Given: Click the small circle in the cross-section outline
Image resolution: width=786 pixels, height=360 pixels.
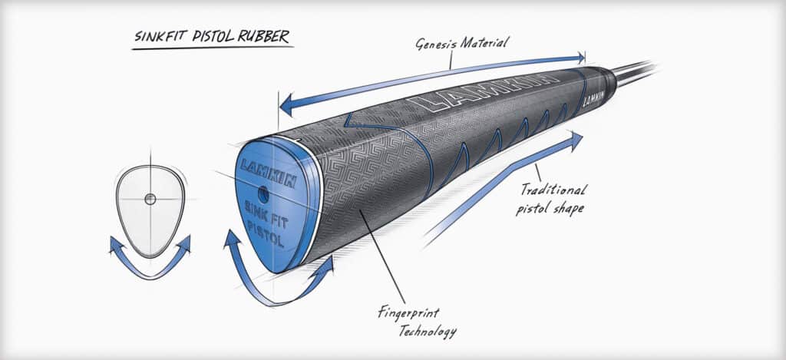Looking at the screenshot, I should pyautogui.click(x=150, y=199).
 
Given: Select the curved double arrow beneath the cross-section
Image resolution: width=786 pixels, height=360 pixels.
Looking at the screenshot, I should pyautogui.click(x=150, y=258).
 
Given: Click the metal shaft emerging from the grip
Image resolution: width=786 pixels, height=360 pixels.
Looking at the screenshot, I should pyautogui.click(x=633, y=74).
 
